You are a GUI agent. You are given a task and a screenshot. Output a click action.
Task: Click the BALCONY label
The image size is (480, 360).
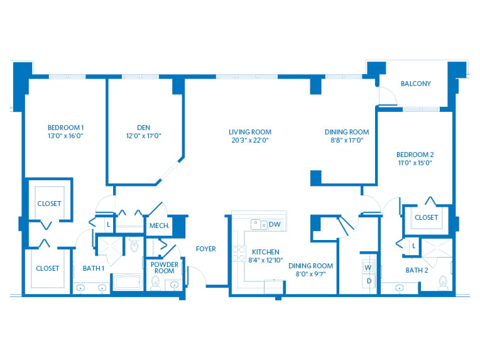tap(416, 84)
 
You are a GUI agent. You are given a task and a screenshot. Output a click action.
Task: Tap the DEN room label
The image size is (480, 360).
tap(144, 128)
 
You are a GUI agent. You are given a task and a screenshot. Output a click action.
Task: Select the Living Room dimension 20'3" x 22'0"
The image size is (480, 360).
tap(250, 140)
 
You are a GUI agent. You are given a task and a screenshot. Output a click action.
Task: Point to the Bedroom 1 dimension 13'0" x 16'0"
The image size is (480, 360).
tap(65, 136)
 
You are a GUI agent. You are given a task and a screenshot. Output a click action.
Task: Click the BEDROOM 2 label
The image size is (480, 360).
tap(415, 155)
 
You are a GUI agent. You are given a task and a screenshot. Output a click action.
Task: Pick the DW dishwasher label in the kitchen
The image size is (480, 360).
tap(275, 224)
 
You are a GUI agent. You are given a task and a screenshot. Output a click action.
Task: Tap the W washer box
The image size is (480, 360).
tap(368, 268)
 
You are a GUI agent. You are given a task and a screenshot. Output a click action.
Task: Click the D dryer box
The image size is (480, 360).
tap(369, 281)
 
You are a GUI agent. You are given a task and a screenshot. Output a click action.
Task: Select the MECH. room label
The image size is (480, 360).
tap(159, 226)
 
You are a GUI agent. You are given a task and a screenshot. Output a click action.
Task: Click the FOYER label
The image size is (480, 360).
tap(205, 249)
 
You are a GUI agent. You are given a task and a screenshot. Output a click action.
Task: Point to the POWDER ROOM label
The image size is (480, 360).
tap(165, 268)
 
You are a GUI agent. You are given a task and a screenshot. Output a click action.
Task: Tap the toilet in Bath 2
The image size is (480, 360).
tap(444, 282)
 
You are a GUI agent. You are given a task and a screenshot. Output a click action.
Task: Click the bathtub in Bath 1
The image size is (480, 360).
tap(128, 282)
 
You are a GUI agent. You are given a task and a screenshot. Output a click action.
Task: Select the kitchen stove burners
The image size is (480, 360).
tap(239, 254)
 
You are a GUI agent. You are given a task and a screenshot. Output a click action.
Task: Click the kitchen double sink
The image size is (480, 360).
tap(259, 224)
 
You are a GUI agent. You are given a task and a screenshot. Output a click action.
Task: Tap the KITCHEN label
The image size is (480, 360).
tap(265, 252)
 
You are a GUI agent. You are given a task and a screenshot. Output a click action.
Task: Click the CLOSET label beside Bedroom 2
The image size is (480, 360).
tap(426, 217)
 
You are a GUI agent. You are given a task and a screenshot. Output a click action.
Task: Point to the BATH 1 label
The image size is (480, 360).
tap(94, 268)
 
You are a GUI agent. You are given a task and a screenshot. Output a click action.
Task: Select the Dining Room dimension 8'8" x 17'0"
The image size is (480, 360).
tap(347, 140)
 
